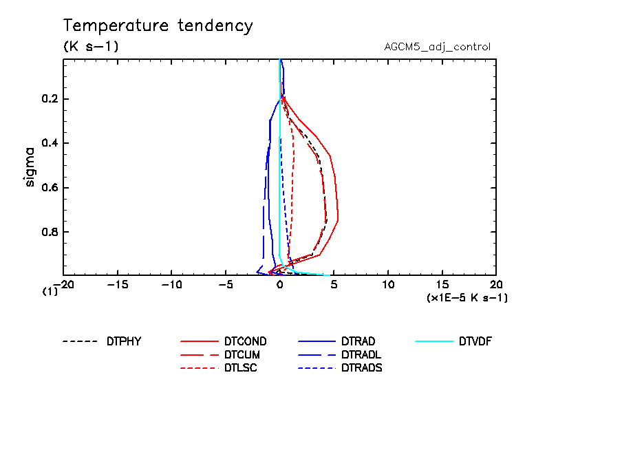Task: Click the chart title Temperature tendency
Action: [158, 27]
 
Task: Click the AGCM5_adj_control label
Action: [437, 47]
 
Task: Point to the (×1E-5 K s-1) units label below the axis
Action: [467, 298]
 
